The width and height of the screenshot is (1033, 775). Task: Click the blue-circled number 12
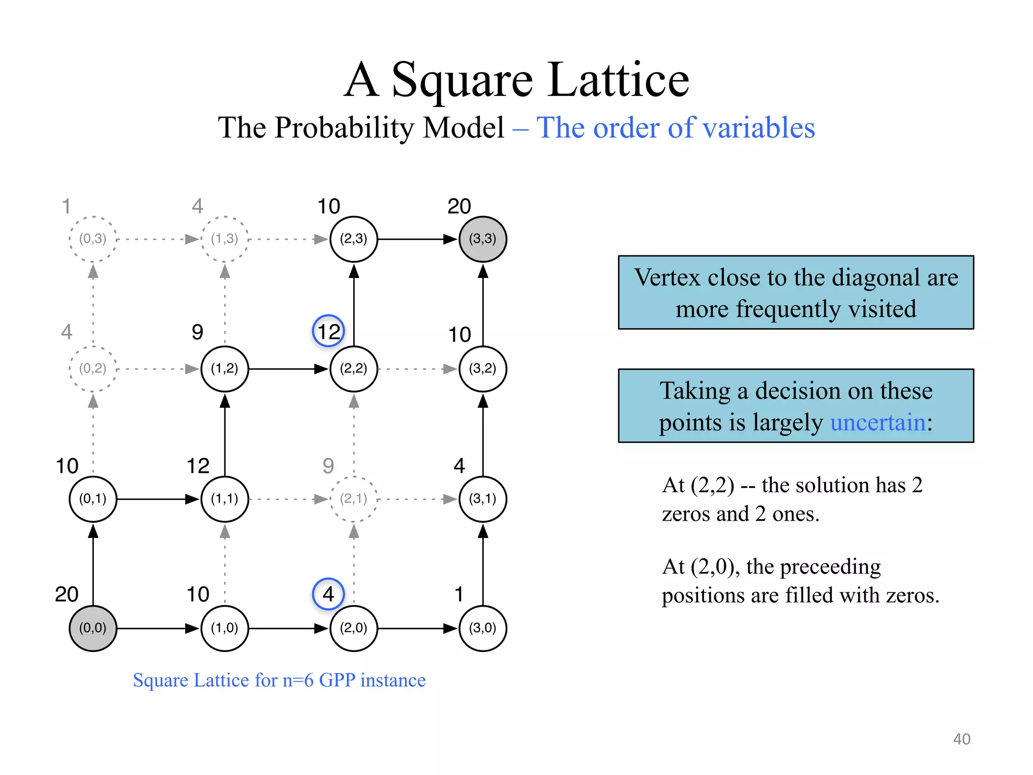pyautogui.click(x=328, y=331)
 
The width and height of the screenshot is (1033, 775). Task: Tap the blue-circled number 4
pyautogui.click(x=328, y=594)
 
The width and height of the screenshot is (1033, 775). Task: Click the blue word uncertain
pyautogui.click(x=878, y=422)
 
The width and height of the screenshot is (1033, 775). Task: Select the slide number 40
pyautogui.click(x=961, y=739)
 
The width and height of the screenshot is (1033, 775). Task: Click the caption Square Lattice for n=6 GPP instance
pyautogui.click(x=279, y=680)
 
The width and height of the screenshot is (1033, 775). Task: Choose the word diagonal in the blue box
pyautogui.click(x=876, y=277)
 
